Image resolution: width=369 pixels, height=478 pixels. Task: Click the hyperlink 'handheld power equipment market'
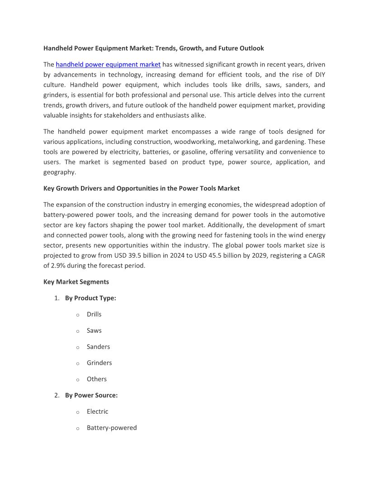pos(108,64)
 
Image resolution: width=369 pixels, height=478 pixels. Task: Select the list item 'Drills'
pos(94,314)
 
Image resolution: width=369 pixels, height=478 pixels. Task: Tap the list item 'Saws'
pos(94,330)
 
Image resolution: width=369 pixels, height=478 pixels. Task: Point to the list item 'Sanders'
pos(98,347)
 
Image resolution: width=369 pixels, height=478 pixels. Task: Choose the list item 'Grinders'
pos(99,363)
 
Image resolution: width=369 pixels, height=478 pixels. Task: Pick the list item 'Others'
pos(97,379)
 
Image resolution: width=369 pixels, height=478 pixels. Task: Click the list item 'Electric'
pos(97,411)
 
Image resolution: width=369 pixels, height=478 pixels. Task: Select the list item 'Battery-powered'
pos(112,428)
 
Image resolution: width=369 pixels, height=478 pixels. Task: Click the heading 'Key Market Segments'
pos(76,282)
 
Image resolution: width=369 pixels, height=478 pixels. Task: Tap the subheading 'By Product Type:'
pos(90,298)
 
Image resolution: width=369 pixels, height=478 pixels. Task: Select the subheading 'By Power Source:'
pos(91,395)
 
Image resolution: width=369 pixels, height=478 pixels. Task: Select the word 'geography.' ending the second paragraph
pos(60,172)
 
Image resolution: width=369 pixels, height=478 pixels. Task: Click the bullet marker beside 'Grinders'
pos(78,363)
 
